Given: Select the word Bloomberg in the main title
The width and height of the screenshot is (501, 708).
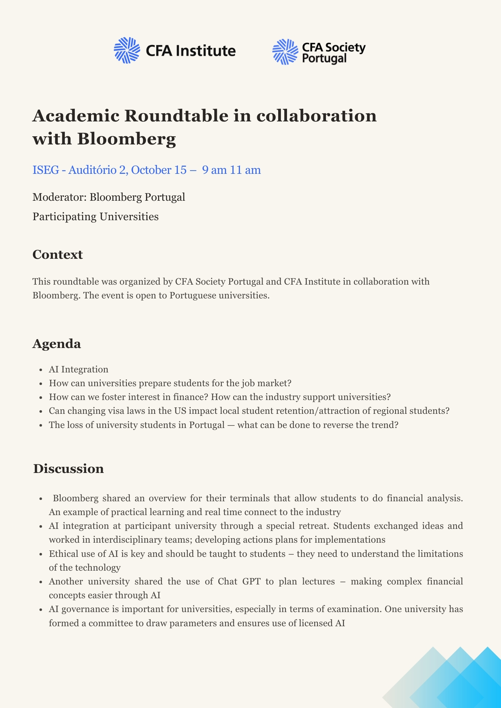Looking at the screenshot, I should (126, 139).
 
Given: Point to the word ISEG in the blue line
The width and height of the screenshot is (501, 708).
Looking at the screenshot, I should (46, 170).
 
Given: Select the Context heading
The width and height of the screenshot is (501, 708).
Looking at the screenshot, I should (58, 255).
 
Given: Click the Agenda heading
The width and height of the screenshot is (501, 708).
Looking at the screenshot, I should (57, 344).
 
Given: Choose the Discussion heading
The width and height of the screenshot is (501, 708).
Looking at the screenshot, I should (68, 469).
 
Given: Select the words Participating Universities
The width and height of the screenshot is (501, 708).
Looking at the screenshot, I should (96, 216).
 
